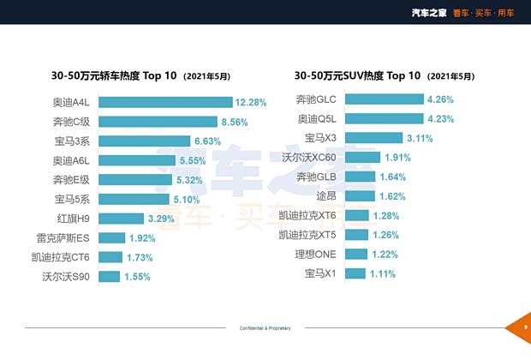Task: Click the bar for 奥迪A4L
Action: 164,102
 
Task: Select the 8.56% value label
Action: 234,122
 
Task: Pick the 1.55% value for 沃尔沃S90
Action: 136,276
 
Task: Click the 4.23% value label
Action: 439,118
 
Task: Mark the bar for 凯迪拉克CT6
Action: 110,257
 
